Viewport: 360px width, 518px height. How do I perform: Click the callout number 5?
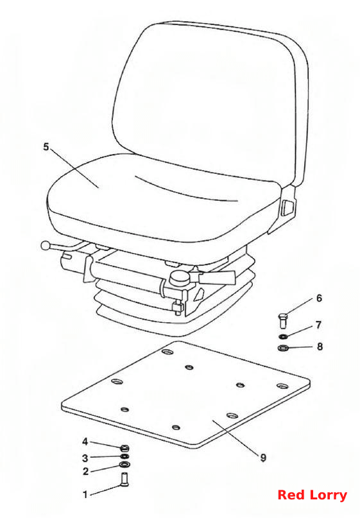pos(46,147)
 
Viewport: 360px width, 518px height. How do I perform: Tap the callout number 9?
pos(263,458)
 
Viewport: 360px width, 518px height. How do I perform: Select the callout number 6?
pos(319,298)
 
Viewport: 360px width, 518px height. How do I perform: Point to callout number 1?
pos(85,494)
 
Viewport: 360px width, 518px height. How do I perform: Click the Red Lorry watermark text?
pos(312,494)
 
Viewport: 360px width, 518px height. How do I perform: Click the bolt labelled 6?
pos(283,320)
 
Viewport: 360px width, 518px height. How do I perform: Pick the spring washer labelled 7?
pos(283,336)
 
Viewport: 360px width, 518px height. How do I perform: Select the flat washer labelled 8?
pos(283,347)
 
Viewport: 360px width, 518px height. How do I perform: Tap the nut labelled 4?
pos(124,448)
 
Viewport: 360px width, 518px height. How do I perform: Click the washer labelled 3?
pos(124,456)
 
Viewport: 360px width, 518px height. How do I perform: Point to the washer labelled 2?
pos(124,465)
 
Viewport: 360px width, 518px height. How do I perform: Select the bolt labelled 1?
pos(124,479)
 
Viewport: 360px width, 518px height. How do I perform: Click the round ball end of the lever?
pos(46,245)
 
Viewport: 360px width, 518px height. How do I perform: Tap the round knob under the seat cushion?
pos(179,277)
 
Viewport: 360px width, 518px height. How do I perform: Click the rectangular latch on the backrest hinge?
pos(287,208)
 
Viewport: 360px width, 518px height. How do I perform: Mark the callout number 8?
pos(320,347)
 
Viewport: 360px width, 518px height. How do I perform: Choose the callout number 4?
pos(85,442)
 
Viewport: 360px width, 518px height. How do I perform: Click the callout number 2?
pos(85,471)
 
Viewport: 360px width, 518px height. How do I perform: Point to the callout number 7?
pos(318,325)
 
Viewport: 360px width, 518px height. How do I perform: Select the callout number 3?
pos(85,458)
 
